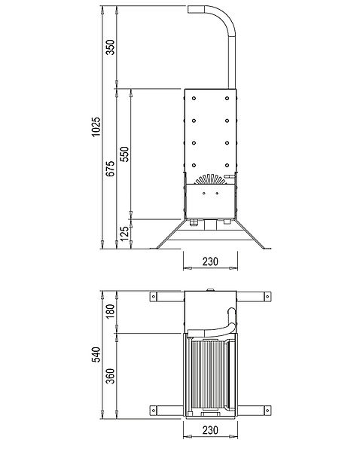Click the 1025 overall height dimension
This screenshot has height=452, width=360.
(x=96, y=127)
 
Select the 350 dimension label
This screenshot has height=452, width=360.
(x=110, y=47)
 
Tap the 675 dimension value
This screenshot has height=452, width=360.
(x=110, y=169)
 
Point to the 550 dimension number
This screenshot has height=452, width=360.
(x=124, y=154)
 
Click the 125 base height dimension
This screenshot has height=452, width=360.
(x=124, y=234)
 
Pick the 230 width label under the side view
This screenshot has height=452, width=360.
(x=210, y=261)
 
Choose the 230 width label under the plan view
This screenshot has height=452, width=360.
(x=210, y=430)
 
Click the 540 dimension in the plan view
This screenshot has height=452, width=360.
(x=96, y=355)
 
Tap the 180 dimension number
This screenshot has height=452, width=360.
(x=110, y=311)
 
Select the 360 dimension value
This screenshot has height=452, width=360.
(x=110, y=376)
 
